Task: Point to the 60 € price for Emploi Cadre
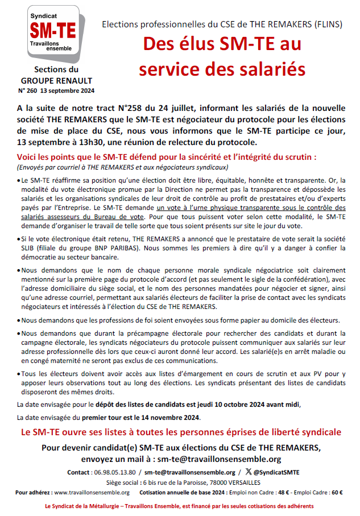click(337, 492)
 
